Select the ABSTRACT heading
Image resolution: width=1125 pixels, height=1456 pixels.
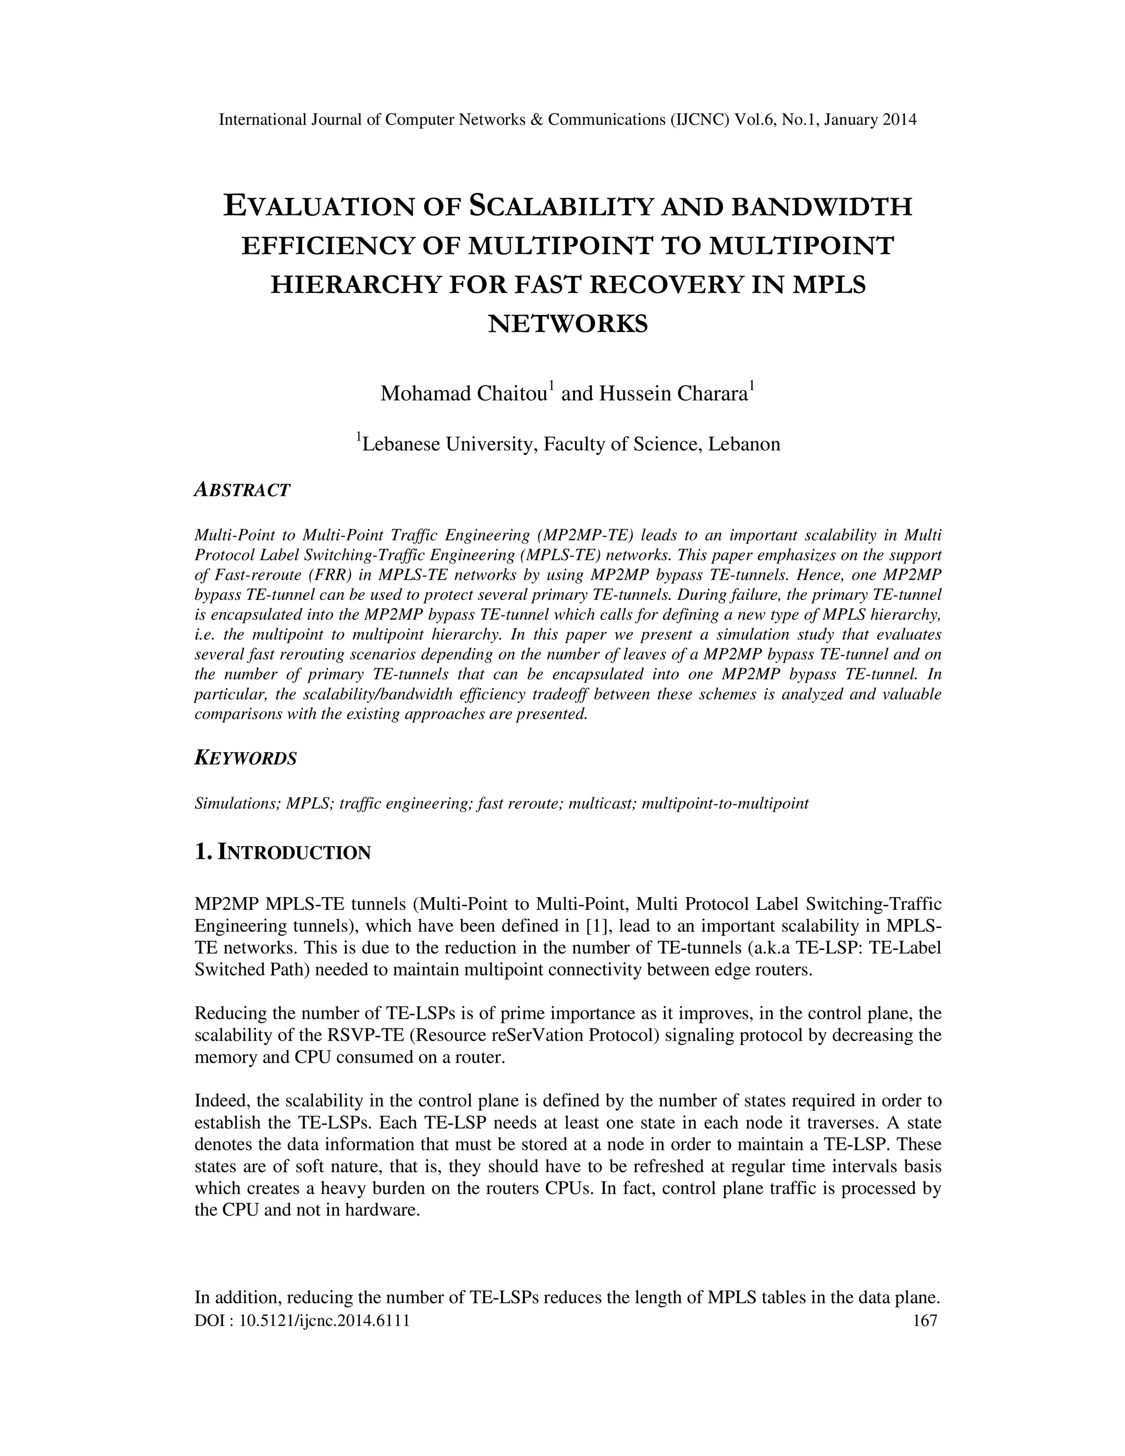242,490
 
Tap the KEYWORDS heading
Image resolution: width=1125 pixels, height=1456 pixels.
245,759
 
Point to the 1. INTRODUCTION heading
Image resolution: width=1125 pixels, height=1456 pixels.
282,852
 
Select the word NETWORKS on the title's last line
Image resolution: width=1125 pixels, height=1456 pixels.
568,324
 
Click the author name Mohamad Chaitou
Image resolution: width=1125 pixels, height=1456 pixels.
464,393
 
